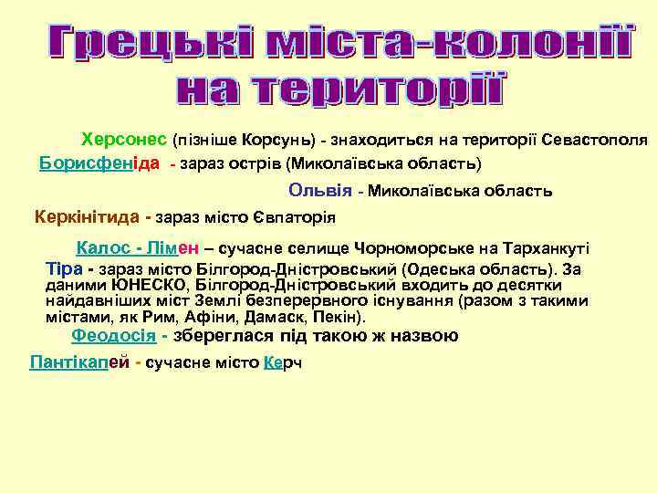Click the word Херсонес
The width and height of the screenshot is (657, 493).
[x=124, y=140]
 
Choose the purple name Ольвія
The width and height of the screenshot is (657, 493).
[x=319, y=191]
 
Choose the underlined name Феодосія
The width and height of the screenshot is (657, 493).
[x=113, y=335]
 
